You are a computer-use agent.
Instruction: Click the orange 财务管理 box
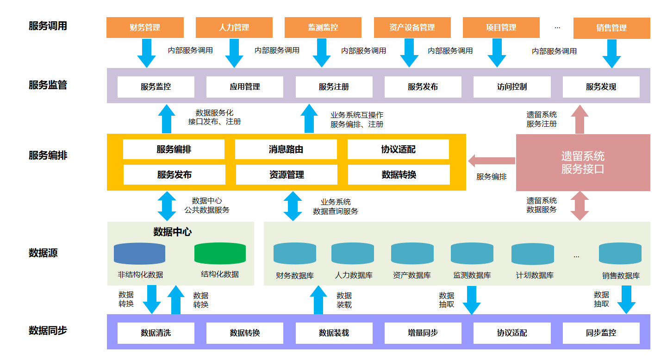coord(145,27)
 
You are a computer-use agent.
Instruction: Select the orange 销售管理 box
coord(611,28)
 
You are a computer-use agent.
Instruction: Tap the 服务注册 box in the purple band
coord(334,87)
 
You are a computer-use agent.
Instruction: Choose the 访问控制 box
coord(512,87)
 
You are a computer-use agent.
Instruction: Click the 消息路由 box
coord(286,149)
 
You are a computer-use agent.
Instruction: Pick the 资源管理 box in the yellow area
coord(287,174)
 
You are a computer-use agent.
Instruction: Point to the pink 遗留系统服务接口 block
coord(583,162)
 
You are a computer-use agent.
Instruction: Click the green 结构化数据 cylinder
coord(220,254)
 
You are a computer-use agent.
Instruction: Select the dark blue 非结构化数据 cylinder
coord(139,254)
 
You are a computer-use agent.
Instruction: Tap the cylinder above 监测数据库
coord(472,254)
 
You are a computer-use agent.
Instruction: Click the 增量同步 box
coord(423,333)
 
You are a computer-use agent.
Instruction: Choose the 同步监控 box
coord(601,333)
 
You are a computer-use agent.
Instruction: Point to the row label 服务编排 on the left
coord(48,155)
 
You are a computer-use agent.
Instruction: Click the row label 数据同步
coord(48,330)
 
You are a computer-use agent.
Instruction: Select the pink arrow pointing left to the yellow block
coord(492,161)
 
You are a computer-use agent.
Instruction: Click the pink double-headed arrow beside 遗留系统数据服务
coord(580,206)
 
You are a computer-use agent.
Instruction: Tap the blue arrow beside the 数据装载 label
coord(318,300)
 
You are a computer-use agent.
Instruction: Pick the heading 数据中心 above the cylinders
coord(172,232)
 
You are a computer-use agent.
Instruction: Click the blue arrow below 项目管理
coord(497,53)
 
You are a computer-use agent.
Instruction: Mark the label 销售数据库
coord(621,275)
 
